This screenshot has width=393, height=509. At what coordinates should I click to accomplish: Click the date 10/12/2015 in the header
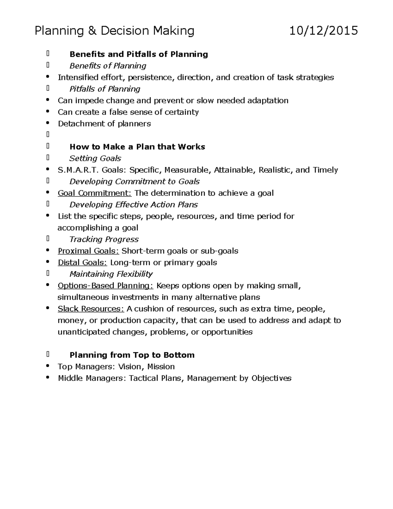(x=324, y=31)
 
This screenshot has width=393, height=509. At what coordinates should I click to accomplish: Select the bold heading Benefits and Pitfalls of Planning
(x=139, y=54)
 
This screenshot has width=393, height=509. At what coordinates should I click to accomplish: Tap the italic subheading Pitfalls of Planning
(x=105, y=89)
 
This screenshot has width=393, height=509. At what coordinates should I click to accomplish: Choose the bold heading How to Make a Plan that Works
(x=137, y=147)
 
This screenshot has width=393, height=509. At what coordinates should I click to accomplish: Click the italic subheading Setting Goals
(x=95, y=158)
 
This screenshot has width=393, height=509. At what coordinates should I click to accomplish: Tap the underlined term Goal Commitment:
(x=94, y=193)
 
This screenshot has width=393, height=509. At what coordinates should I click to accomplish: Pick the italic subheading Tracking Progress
(x=104, y=239)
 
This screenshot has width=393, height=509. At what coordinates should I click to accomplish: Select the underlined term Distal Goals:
(x=83, y=263)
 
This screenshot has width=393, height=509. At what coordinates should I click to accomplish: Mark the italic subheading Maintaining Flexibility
(x=111, y=274)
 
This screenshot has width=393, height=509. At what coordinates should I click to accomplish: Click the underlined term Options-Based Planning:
(x=105, y=285)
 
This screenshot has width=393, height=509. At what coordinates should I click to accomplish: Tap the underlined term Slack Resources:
(x=91, y=309)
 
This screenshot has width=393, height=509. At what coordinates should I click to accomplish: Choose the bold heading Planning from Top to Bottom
(x=132, y=355)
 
